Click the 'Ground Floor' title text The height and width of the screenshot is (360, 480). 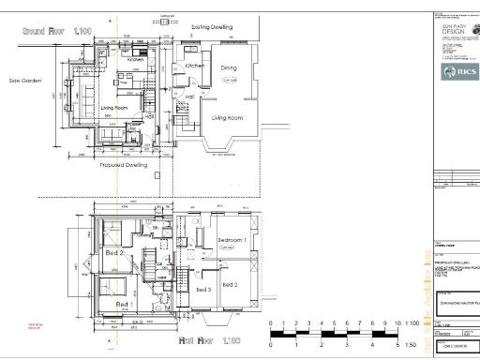[x=56, y=32]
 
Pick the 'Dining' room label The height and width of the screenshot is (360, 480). [x=229, y=68]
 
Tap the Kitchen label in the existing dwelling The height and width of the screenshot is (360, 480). [x=195, y=67]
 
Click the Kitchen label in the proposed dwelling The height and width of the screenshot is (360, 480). [x=135, y=60]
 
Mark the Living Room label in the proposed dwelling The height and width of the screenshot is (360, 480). [x=114, y=108]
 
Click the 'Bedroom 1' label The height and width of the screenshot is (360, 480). [x=232, y=240]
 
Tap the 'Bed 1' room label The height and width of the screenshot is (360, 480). [x=123, y=305]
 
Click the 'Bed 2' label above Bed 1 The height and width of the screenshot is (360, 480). [x=114, y=254]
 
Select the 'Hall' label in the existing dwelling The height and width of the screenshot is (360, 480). [x=188, y=97]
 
